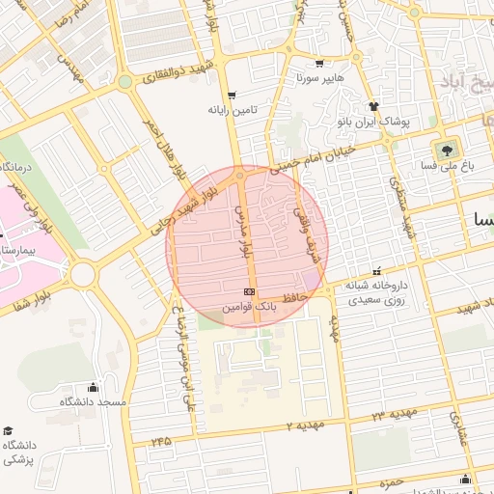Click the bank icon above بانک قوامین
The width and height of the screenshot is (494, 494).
pyautogui.click(x=249, y=291)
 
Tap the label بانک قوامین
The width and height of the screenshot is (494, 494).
pyautogui.click(x=250, y=305)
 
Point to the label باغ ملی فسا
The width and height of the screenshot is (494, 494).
pyautogui.click(x=446, y=166)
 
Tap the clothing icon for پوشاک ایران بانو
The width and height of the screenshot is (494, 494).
pyautogui.click(x=374, y=106)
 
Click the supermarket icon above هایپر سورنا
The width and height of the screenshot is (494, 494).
pyautogui.click(x=319, y=63)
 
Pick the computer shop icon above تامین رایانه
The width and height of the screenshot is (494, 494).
pyautogui.click(x=232, y=95)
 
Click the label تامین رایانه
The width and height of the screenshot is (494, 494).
pyautogui.click(x=232, y=109)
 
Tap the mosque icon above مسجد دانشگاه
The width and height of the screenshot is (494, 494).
pyautogui.click(x=93, y=387)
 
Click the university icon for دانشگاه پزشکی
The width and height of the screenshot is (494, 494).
pyautogui.click(x=9, y=430)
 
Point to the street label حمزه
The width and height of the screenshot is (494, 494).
pyautogui.click(x=390, y=482)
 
